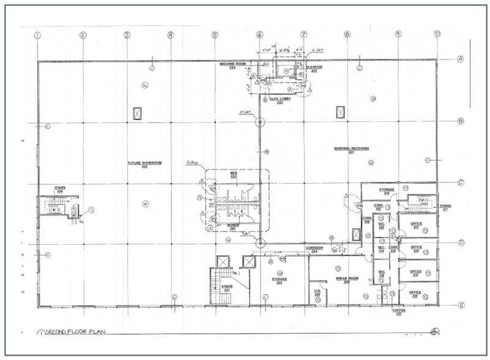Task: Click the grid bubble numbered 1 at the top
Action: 37,35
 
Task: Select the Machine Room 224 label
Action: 232,66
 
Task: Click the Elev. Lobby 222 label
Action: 281,100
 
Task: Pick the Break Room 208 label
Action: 346,280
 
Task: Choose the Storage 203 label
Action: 280,280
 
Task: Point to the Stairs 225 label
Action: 60,189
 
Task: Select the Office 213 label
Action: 417,225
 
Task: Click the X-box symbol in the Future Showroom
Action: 138,113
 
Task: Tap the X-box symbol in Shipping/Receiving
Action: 341,113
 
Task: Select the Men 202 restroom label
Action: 232,176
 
